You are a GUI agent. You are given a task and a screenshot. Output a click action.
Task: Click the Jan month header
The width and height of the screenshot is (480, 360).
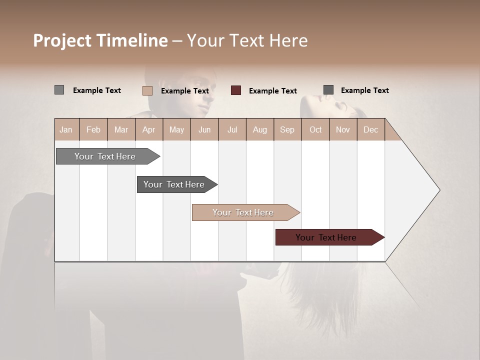66,129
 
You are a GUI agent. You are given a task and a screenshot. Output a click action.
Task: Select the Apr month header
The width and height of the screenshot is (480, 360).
148,129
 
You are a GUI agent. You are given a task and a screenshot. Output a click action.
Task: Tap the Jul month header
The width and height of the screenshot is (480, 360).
232,129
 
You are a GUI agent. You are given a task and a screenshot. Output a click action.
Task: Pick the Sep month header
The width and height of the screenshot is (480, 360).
287,129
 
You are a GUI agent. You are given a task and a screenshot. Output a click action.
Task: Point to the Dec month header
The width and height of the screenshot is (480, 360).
370,129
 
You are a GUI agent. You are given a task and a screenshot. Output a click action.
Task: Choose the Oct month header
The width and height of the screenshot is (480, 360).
315,129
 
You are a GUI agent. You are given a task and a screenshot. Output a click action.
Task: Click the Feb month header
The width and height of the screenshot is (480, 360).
93,129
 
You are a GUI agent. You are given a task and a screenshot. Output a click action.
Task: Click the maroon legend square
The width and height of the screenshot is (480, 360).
236,90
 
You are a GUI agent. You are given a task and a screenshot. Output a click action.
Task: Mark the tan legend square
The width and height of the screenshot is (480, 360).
147,90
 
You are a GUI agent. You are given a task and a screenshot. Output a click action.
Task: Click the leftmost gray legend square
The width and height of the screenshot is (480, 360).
59,90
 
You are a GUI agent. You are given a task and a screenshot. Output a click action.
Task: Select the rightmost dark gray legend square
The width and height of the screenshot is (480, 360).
328,90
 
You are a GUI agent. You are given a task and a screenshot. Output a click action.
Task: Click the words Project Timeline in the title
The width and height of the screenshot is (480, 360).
100,40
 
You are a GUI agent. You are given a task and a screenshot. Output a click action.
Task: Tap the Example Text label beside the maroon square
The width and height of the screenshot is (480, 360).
272,91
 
